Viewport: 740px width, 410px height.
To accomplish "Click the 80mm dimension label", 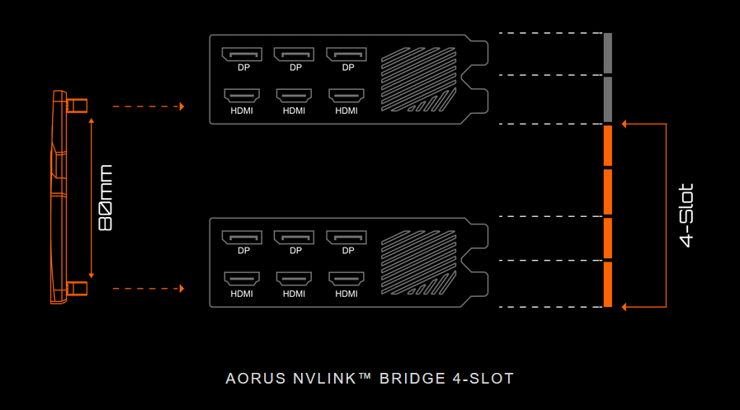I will [x=105, y=198].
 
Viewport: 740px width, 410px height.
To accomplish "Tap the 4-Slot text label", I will [x=686, y=215].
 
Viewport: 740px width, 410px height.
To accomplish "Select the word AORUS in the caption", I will [x=254, y=379].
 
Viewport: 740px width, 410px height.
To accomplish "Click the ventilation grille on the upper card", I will [x=417, y=79].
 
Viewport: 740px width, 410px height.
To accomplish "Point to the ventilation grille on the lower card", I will [x=417, y=262].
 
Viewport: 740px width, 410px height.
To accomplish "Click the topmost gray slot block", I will [x=608, y=54].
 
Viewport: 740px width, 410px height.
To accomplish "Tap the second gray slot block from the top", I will [x=608, y=99].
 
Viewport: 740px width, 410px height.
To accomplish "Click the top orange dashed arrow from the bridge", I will [x=148, y=106].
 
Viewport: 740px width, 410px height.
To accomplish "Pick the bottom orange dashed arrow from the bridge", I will [x=148, y=289].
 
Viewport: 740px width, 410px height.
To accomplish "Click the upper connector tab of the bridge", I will [x=77, y=106].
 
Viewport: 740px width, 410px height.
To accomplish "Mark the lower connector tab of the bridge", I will [x=77, y=288].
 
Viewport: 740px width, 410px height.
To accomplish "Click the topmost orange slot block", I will [x=608, y=145].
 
